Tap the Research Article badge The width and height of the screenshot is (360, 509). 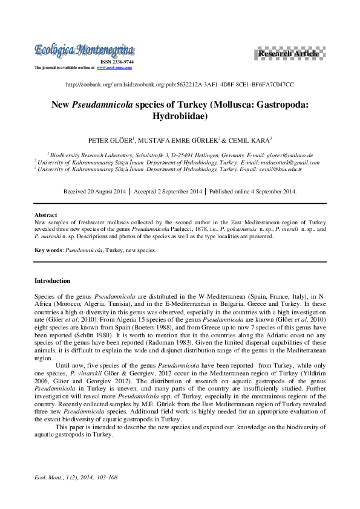click(x=288, y=54)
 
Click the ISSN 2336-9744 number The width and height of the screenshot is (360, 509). click(x=117, y=62)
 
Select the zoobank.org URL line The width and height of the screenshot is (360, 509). click(x=180, y=85)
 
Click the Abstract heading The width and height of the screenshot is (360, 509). click(x=46, y=215)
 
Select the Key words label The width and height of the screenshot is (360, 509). click(x=48, y=250)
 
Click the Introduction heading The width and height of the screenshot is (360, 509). click(x=52, y=280)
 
